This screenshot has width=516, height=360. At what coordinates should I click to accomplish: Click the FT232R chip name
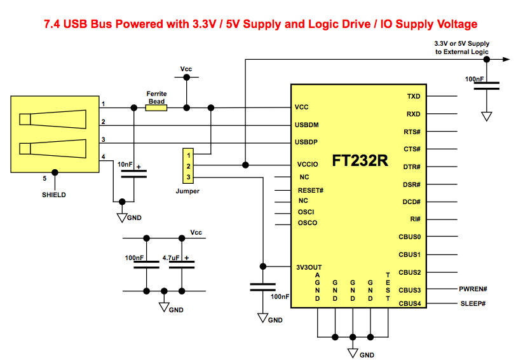pyautogui.click(x=360, y=160)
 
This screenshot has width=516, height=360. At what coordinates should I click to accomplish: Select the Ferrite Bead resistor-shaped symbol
pyautogui.click(x=156, y=108)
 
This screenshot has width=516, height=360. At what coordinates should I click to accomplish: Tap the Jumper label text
pyautogui.click(x=187, y=191)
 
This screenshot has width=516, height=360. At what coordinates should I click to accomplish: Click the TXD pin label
pyautogui.click(x=413, y=97)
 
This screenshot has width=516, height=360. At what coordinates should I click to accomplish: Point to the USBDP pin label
pyautogui.click(x=310, y=141)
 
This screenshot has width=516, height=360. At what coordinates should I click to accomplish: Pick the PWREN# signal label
pyautogui.click(x=473, y=289)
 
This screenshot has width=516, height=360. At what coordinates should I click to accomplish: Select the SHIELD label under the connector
pyautogui.click(x=54, y=195)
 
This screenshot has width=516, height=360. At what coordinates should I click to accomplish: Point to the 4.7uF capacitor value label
pyautogui.click(x=171, y=258)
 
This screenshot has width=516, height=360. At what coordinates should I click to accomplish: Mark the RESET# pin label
pyautogui.click(x=311, y=190)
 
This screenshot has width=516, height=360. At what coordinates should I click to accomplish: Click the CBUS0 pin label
pyautogui.click(x=409, y=237)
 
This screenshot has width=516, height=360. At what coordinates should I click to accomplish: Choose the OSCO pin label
pyautogui.click(x=308, y=223)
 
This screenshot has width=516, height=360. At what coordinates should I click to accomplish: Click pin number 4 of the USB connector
pyautogui.click(x=103, y=157)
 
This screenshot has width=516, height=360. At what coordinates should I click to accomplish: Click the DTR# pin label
pyautogui.click(x=411, y=167)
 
